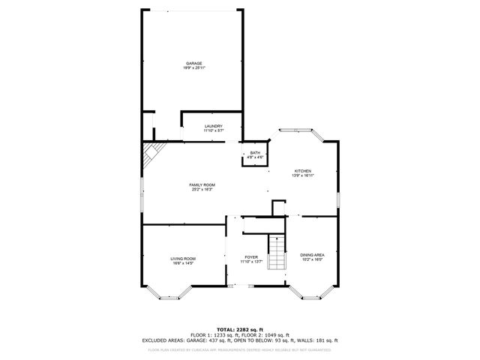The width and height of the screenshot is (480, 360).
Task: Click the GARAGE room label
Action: tap(193, 63)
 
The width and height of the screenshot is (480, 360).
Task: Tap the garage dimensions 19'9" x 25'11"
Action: tap(193, 67)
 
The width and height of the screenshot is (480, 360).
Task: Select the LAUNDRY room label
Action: tap(214, 126)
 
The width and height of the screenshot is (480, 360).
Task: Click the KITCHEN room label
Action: tap(302, 171)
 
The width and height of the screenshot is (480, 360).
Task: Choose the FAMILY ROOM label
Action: tap(202, 184)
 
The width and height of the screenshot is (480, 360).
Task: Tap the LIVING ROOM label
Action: tap(183, 259)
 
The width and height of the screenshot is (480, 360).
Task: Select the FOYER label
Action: tap(250, 257)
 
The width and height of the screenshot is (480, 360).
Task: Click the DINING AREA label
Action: tap(311, 255)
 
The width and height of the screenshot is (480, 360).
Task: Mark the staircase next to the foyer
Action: tap(277, 253)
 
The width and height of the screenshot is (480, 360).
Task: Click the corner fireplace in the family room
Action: tap(151, 157)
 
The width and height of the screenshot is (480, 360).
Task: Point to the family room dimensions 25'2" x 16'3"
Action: tap(202, 190)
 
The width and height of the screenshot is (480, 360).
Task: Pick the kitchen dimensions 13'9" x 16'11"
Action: tap(302, 175)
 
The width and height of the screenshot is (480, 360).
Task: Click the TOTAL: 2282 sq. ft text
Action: tap(240, 329)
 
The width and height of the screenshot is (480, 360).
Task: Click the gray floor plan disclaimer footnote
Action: tap(240, 349)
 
